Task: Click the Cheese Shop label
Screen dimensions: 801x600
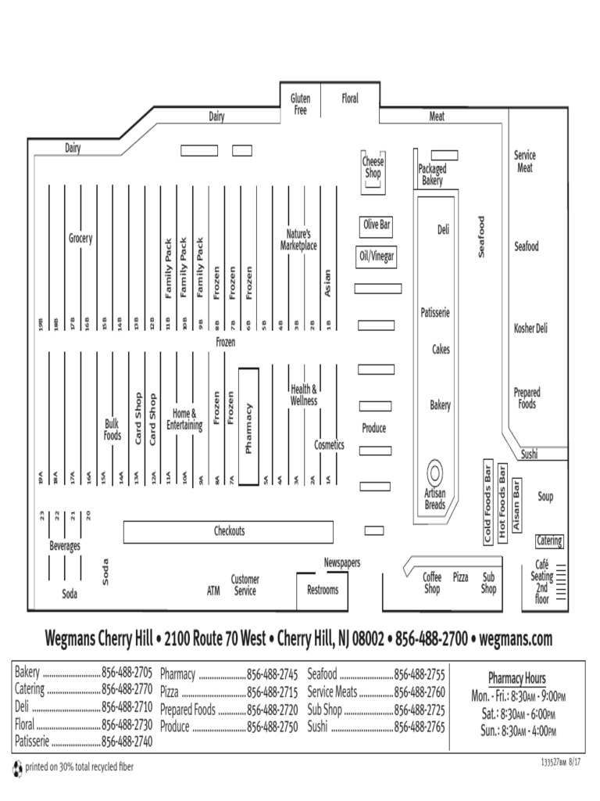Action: point(373,167)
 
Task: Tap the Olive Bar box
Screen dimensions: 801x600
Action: point(376,225)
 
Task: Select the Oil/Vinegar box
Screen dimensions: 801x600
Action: point(377,256)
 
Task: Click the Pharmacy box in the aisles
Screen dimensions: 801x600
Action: point(248,427)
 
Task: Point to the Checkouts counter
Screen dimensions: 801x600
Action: point(230,532)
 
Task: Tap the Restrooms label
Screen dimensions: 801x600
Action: point(323,590)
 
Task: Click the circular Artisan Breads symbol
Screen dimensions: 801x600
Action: point(434,473)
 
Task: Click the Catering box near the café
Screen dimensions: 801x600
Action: point(548,541)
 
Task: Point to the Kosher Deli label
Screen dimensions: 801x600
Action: point(530,329)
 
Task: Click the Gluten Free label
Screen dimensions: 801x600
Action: point(300,105)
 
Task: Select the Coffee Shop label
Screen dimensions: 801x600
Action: point(432,583)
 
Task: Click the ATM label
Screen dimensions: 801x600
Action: point(213,591)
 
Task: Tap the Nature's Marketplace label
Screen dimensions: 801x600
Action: point(298,239)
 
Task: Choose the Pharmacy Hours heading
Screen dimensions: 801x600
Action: point(517,678)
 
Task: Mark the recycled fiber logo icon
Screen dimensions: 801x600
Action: point(18,768)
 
